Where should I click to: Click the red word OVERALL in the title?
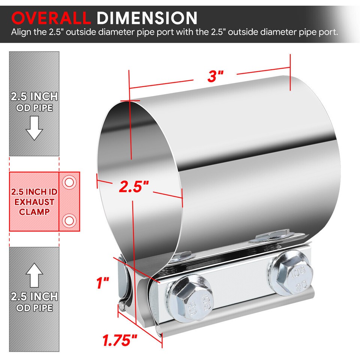click(51, 18)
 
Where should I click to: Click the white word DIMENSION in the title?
click(147, 18)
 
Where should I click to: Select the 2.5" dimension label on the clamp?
click(134, 186)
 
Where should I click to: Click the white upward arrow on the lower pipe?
click(34, 276)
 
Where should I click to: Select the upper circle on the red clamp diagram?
click(69, 183)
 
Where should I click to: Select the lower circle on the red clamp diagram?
click(69, 219)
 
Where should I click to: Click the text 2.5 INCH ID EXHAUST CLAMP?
click(34, 202)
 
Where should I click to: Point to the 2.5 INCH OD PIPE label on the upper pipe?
click(34, 102)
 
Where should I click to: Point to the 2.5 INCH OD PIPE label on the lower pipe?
click(34, 302)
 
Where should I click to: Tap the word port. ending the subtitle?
click(329, 32)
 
